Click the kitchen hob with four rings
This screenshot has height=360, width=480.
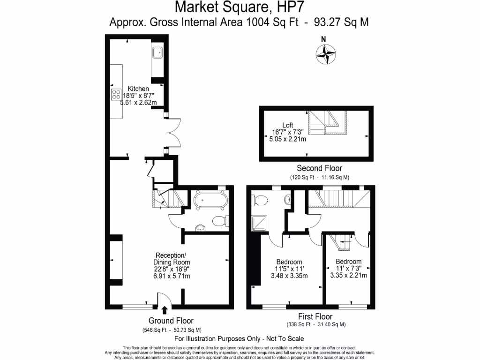click(116, 94)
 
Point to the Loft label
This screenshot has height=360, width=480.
click(288, 125)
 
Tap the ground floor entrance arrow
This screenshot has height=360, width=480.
click(165, 309)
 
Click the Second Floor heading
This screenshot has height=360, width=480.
click(319, 168)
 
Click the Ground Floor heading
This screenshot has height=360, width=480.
click(171, 321)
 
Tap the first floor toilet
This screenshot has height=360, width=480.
click(259, 200)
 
